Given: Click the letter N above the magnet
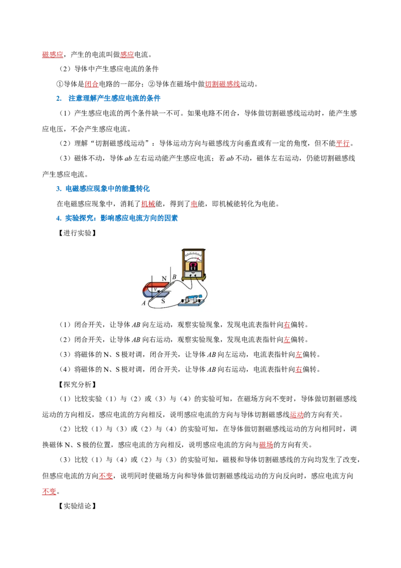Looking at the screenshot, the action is click(164, 278).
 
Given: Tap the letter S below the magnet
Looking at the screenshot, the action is click(163, 301).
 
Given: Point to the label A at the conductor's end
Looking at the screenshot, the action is click(144, 303).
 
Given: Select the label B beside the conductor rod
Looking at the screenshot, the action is click(174, 277).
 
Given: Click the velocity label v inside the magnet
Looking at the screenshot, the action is click(155, 290).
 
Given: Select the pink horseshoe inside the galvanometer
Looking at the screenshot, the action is click(193, 266).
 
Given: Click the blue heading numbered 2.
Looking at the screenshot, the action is click(108, 98).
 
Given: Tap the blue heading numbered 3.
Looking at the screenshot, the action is click(103, 189).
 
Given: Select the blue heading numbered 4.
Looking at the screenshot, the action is click(117, 218).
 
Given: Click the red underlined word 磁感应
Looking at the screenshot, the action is click(53, 55).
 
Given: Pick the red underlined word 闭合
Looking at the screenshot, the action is click(92, 84).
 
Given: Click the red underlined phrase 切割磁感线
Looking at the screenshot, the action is click(222, 84).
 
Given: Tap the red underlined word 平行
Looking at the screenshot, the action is click(343, 144).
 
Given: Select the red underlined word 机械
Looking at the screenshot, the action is click(148, 204).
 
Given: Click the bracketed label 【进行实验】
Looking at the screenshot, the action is click(77, 233).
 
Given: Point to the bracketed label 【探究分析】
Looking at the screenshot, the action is click(77, 384).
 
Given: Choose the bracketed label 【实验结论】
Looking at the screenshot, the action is click(77, 506).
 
